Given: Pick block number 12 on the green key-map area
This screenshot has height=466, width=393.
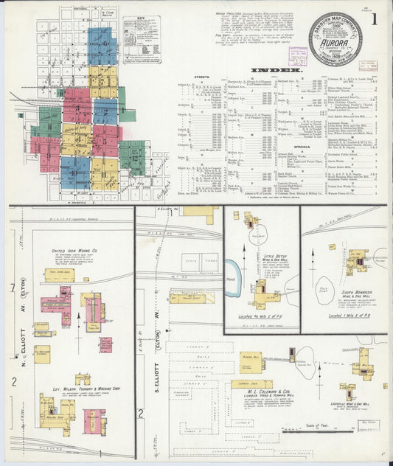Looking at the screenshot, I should (134, 156).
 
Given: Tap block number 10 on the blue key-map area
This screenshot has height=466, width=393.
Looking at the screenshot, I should (74, 170).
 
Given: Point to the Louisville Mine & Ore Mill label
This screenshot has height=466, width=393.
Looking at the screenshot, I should (361, 403).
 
